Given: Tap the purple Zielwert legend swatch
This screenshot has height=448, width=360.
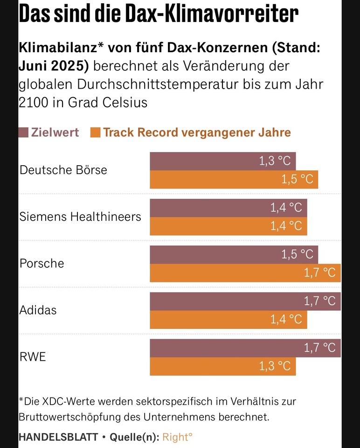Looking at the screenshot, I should (24, 133).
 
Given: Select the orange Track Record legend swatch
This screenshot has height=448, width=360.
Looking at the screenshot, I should (96, 133).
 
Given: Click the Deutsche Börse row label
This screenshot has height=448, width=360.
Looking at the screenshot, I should (63, 170).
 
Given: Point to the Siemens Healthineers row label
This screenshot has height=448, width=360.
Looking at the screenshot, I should (80, 217).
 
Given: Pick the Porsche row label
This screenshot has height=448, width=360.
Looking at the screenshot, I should (42, 263).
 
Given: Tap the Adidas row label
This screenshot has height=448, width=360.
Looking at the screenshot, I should (38, 310).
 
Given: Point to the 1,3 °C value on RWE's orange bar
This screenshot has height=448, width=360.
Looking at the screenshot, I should (275, 366).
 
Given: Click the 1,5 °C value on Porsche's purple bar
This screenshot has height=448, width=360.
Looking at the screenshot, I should (298, 254).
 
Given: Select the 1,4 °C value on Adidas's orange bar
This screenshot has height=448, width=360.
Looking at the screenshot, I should (286, 320).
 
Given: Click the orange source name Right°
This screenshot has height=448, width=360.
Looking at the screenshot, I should (177, 437).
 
